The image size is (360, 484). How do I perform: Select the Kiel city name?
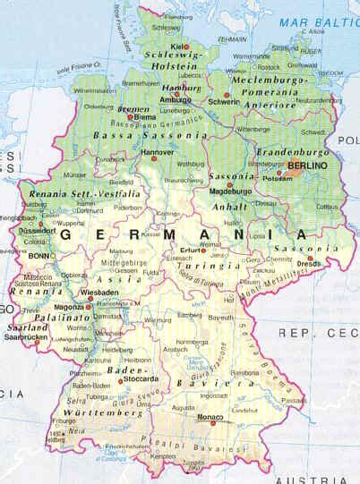[177, 45]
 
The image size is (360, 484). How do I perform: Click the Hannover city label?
[159, 153]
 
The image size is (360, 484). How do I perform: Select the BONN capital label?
[39, 255]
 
